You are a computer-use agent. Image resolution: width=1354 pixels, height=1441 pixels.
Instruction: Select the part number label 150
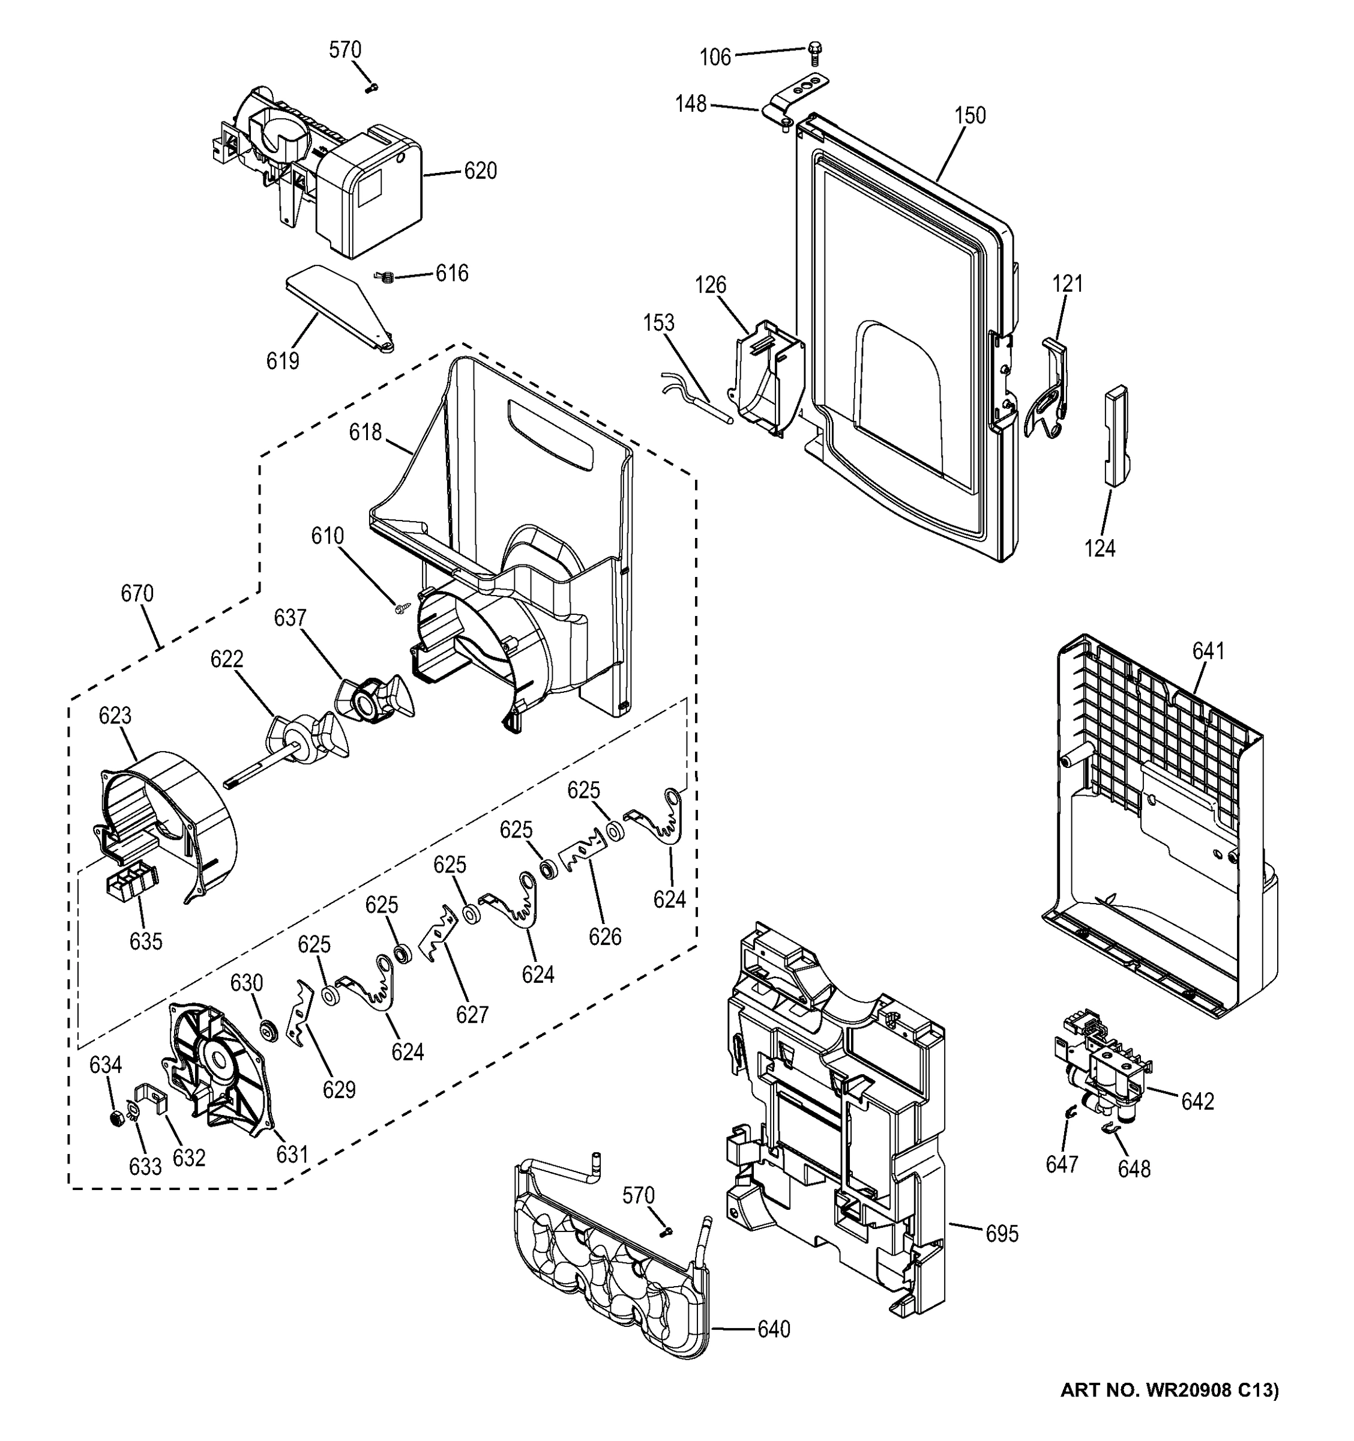(x=969, y=115)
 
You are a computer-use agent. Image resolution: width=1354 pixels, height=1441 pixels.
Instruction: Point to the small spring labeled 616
(x=387, y=276)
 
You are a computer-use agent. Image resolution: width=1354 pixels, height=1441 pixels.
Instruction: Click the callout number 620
(x=480, y=172)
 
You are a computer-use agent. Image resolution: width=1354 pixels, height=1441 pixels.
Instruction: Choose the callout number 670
(x=137, y=594)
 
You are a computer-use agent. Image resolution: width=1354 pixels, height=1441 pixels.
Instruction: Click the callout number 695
(x=1002, y=1234)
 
